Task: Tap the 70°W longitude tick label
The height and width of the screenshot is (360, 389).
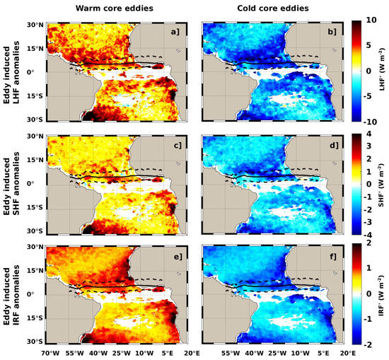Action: tap(50, 352)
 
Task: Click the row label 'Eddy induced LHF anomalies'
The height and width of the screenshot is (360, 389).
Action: tap(13, 71)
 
